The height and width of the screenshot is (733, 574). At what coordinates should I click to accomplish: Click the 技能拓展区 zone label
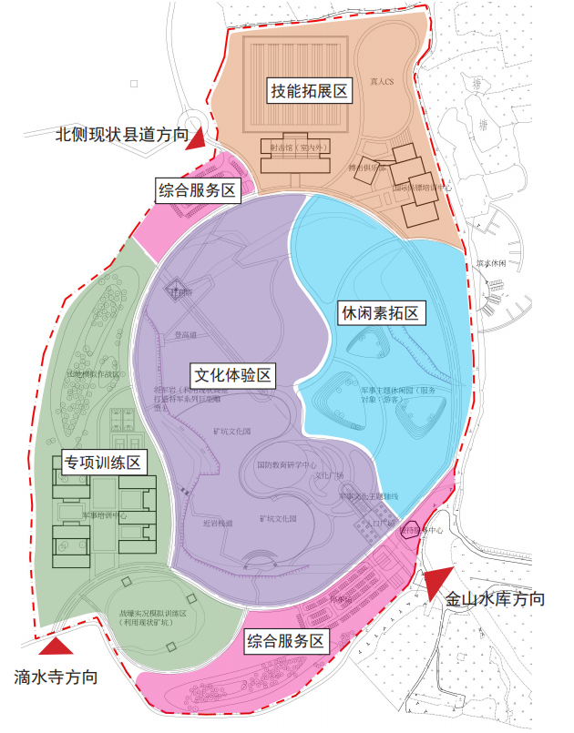coord(310,91)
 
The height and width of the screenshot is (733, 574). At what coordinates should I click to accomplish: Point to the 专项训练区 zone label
coord(102,463)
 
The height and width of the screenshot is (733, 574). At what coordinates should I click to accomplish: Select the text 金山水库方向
coord(495,599)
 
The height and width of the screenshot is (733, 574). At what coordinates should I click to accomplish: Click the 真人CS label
coord(381,82)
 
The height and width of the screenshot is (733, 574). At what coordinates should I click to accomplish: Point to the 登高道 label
coord(186,334)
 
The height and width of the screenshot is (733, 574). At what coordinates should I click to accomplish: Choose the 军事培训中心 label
coord(105,515)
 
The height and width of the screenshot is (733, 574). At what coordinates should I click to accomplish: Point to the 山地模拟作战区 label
coord(92,373)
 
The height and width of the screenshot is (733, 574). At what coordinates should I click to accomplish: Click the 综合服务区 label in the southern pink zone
coord(286,641)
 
